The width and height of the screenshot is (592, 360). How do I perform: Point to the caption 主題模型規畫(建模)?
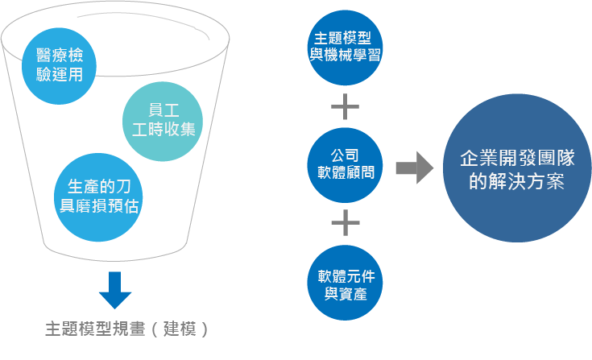tap(126, 329)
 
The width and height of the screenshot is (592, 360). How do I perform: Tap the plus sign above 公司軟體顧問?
tap(345, 106)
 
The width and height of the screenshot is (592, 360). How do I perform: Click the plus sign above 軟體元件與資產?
tap(345, 222)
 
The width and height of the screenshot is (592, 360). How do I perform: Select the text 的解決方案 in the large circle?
tap(515, 181)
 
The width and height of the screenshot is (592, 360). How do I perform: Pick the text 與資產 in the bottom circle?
tap(345, 295)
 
